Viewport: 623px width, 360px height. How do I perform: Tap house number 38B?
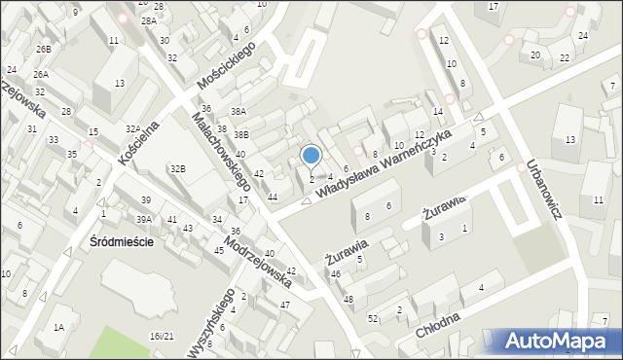pyautogui.click(x=240, y=134)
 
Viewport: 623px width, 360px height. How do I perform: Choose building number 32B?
pyautogui.click(x=177, y=169)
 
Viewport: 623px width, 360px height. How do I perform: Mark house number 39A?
pyautogui.click(x=144, y=220)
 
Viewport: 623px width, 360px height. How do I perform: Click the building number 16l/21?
pyautogui.click(x=162, y=336)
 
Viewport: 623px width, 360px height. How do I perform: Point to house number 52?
pyautogui.click(x=373, y=319)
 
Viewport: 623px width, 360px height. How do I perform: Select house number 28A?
pyautogui.click(x=148, y=20)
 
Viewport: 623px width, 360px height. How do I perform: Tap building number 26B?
pyautogui.click(x=43, y=49)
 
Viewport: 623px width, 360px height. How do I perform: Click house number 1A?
pyautogui.click(x=58, y=327)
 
